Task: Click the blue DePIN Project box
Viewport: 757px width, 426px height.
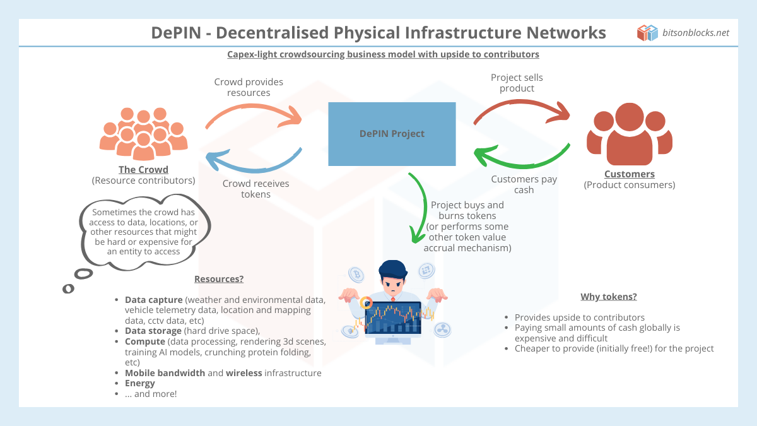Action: [392, 134]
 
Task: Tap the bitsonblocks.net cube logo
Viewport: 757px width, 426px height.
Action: [647, 33]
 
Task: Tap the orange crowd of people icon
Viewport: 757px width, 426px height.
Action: [144, 133]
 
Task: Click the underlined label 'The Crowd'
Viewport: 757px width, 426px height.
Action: [143, 170]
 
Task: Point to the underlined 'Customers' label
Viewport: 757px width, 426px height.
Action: [629, 174]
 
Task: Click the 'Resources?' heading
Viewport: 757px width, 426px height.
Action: [218, 279]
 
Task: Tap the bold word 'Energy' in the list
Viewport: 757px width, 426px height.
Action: [139, 383]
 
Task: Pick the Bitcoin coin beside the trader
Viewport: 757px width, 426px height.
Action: [356, 275]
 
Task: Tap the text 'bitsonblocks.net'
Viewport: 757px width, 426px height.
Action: [696, 33]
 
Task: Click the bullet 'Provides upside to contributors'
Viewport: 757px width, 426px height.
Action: [580, 317]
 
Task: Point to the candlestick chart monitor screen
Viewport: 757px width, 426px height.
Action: [392, 318]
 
